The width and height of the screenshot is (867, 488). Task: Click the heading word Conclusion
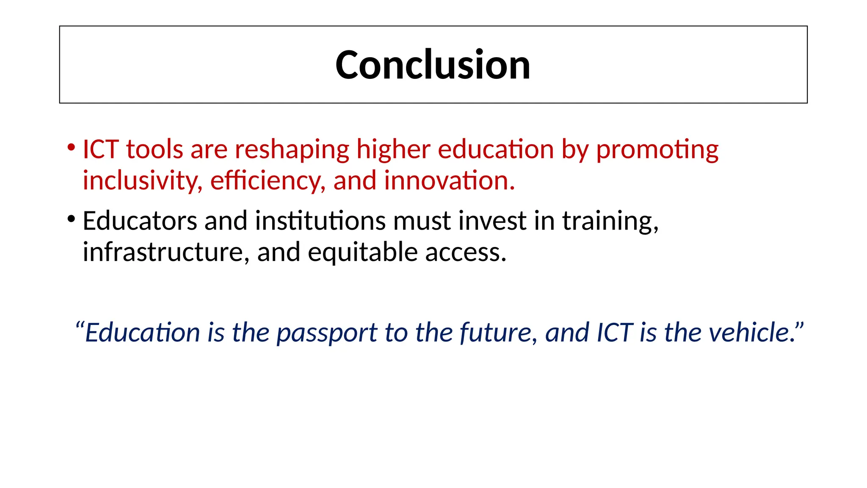[433, 65]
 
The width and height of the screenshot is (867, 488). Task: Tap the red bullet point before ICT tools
[71, 148]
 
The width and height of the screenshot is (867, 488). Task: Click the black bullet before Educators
[71, 219]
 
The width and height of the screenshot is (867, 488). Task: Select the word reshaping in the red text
[292, 150]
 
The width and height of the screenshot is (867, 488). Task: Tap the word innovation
[449, 180]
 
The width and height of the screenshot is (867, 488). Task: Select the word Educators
[140, 221]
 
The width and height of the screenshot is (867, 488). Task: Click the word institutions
[320, 221]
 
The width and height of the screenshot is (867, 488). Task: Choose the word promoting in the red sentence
[657, 150]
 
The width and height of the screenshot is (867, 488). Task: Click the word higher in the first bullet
[393, 150]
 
